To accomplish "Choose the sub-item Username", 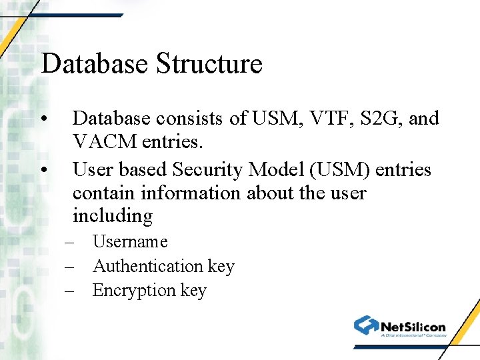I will click(x=130, y=241).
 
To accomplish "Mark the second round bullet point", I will click(x=44, y=170).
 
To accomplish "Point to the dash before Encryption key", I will click(x=70, y=291).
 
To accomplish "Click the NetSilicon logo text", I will click(x=413, y=326).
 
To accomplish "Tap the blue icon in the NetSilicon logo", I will click(x=366, y=325).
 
